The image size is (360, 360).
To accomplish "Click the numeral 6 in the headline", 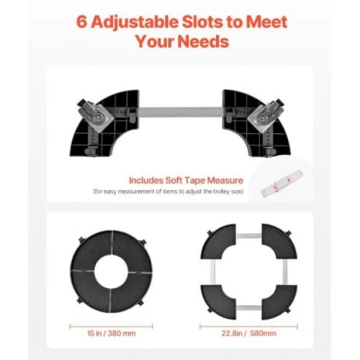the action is tap(81, 22).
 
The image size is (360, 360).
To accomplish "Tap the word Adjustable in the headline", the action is tap(135, 23).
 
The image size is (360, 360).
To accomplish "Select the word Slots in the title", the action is tap(202, 22).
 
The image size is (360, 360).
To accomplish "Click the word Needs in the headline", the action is tap(203, 42).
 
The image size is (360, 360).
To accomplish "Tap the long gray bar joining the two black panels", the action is tap(181, 112).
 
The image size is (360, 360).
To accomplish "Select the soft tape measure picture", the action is tap(282, 183).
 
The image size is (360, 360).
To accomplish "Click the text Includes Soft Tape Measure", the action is tap(186, 181).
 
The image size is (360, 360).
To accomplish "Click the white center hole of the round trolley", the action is tap(111, 271).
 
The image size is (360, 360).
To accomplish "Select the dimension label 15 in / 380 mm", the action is tap(111, 333).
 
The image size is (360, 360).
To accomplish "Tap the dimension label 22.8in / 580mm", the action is tap(249, 333).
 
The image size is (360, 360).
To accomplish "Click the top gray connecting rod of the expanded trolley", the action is tap(249, 236).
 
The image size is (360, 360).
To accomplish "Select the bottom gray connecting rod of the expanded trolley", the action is tap(249, 308).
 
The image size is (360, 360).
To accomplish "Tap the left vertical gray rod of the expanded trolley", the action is tap(213, 272).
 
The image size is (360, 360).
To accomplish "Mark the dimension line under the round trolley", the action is tap(111, 326).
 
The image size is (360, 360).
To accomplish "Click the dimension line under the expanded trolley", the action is tap(249, 326).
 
